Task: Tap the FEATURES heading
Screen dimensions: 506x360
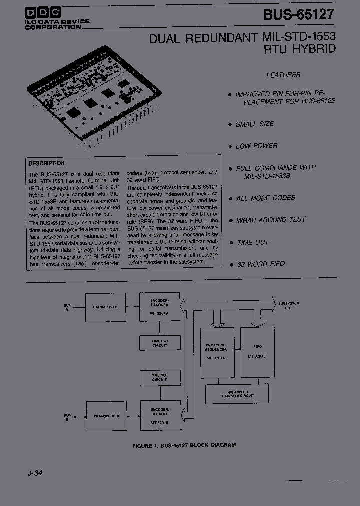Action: click(283, 75)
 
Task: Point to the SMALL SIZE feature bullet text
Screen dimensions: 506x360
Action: click(255, 124)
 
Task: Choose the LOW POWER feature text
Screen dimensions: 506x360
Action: click(256, 146)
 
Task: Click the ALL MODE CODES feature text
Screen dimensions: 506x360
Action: click(265, 198)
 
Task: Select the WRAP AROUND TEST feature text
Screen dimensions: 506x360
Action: click(271, 220)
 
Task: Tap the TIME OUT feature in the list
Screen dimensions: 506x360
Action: click(253, 242)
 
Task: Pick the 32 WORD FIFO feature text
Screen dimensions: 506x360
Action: click(261, 264)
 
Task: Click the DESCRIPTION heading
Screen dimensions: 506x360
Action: click(47, 163)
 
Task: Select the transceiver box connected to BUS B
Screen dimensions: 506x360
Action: click(107, 416)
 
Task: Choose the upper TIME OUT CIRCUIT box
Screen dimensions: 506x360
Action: click(159, 343)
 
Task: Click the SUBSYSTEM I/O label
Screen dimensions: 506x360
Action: click(289, 305)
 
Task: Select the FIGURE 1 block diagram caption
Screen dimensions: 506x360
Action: click(184, 444)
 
